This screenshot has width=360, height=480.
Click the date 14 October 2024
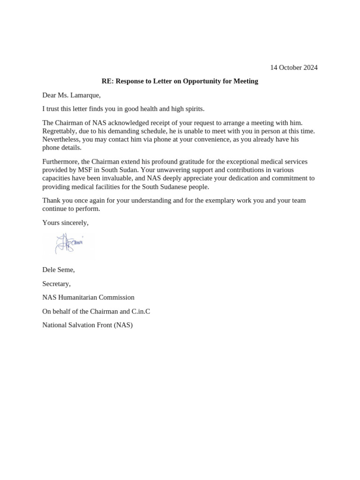click(x=293, y=67)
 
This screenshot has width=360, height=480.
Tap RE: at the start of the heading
click(x=107, y=81)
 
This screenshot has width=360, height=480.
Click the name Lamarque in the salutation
click(x=85, y=95)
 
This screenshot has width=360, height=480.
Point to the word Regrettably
click(x=60, y=131)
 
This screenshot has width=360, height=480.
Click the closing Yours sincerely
click(x=65, y=223)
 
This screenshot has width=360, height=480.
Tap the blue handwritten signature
click(x=68, y=244)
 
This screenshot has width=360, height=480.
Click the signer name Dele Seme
click(x=58, y=270)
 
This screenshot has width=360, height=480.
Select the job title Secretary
click(x=56, y=284)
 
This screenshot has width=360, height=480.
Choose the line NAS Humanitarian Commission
click(x=88, y=298)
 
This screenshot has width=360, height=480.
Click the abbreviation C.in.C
click(x=141, y=311)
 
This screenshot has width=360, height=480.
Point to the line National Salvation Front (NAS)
click(x=87, y=325)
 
